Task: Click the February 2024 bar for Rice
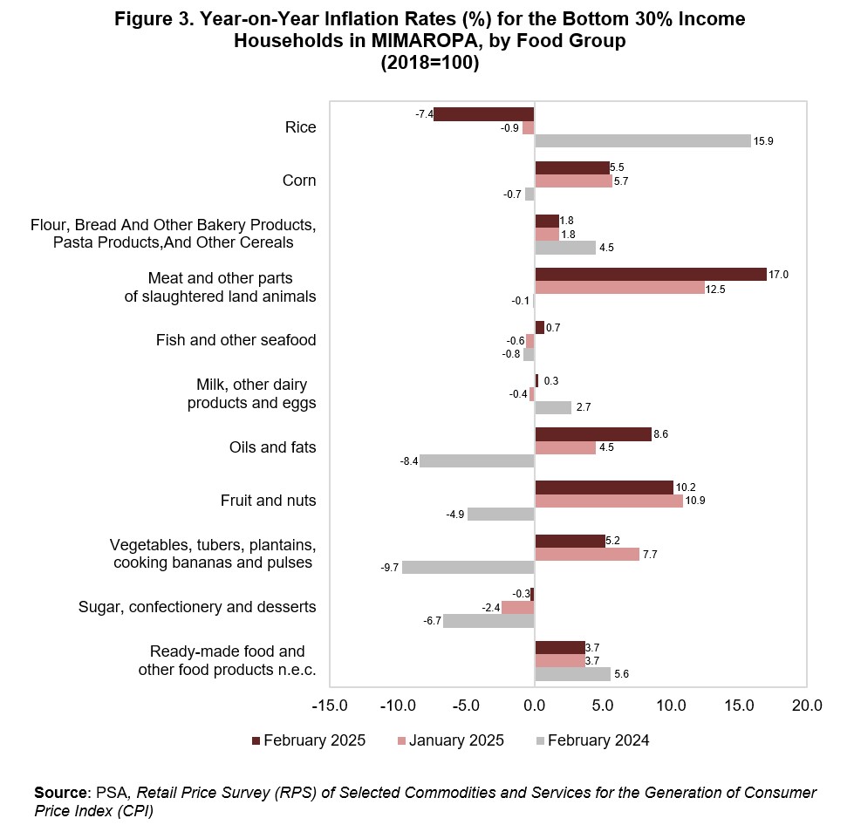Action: (643, 141)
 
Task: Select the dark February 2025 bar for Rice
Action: (484, 114)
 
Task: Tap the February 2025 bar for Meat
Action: (651, 275)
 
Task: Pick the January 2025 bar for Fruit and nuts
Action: (609, 501)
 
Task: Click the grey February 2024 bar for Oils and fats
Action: (477, 460)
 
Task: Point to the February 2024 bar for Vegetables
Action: (468, 568)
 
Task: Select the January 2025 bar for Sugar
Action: (518, 607)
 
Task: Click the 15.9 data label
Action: (763, 141)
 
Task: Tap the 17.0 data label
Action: (778, 275)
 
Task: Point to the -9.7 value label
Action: (389, 568)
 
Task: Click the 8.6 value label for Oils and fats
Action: (660, 434)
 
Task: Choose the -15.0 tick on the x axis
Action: (330, 706)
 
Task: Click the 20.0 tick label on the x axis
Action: (807, 706)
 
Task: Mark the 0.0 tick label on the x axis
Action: (534, 706)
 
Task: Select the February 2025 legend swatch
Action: (256, 741)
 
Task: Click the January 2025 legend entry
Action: (451, 740)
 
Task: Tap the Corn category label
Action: (299, 181)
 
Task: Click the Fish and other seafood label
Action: (236, 340)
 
